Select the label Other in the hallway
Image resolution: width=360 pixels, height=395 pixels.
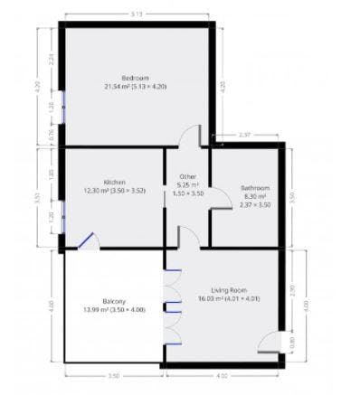click(x=187, y=176)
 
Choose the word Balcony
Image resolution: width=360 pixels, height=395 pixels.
click(x=113, y=300)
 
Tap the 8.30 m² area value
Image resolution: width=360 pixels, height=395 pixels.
click(x=255, y=196)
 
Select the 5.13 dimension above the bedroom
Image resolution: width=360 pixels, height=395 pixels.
click(x=136, y=14)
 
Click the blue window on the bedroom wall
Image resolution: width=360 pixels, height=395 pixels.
click(x=61, y=108)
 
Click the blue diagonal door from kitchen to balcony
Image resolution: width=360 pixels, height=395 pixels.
click(x=87, y=239)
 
